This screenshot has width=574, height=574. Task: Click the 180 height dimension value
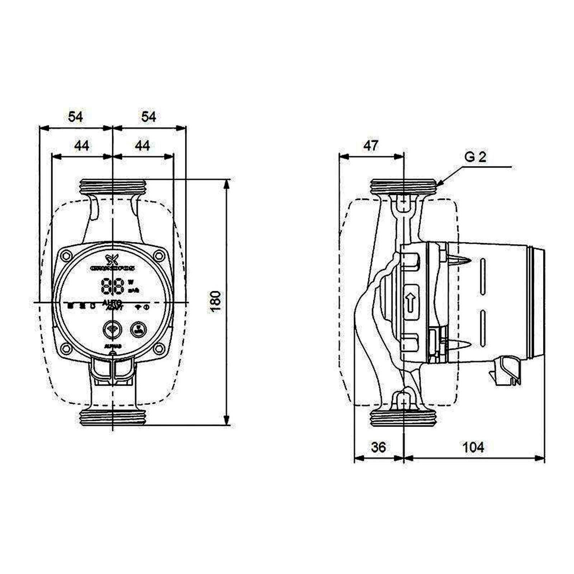point(216,301)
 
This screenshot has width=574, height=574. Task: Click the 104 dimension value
point(473,447)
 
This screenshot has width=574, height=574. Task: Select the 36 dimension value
point(378,447)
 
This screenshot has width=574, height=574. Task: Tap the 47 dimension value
point(371,146)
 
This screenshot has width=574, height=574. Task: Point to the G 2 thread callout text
point(475,157)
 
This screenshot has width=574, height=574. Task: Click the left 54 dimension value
point(76,117)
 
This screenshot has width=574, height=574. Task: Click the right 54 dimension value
point(149,117)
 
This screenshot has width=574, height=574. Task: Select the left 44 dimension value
point(82,146)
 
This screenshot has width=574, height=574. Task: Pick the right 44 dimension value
point(142,146)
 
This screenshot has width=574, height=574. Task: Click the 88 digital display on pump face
point(113,286)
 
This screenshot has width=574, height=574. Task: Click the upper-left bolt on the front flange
point(66,256)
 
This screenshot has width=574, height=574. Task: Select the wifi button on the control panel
point(112,329)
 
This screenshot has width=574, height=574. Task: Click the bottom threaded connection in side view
point(403,418)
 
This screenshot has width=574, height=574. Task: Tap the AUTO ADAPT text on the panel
point(113,305)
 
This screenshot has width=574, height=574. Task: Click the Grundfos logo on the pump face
point(113,263)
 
